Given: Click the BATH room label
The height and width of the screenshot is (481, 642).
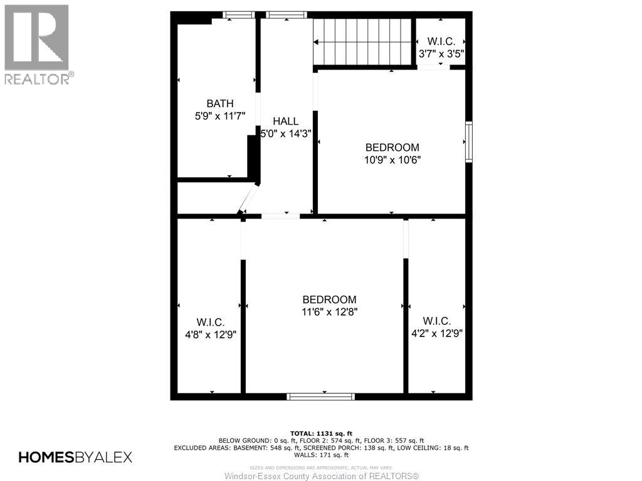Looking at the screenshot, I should [x=220, y=103].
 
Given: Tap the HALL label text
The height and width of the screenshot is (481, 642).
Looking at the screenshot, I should [x=286, y=121].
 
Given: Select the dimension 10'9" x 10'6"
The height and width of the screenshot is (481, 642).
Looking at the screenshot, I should [x=392, y=160].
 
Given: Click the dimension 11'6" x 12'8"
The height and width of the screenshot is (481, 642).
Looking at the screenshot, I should [x=329, y=311].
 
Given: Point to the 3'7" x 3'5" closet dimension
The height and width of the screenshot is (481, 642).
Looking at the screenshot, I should [x=441, y=54].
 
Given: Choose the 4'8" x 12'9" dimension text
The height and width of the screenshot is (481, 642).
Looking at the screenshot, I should [x=210, y=334].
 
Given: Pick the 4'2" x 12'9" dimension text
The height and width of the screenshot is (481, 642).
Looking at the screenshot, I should [x=436, y=333].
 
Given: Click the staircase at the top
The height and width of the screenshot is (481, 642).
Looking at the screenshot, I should [x=362, y=42].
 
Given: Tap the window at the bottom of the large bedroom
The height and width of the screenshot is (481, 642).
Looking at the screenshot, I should [x=320, y=396].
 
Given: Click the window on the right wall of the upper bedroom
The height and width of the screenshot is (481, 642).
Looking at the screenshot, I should [x=468, y=143].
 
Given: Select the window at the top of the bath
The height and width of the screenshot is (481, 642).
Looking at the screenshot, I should [x=239, y=15].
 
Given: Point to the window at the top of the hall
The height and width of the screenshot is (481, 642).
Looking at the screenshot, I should [x=286, y=15].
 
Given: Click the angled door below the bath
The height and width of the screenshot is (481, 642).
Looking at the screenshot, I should [x=248, y=199].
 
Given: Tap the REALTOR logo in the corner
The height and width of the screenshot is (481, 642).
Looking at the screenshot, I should [x=37, y=44].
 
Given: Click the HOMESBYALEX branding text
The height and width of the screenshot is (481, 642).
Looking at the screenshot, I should [x=75, y=457].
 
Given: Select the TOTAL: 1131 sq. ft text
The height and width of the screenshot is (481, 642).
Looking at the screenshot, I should [x=321, y=433].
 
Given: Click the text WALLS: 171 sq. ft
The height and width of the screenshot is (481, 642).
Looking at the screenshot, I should [x=321, y=455].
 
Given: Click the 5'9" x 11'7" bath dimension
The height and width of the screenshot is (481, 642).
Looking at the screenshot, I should [x=220, y=116].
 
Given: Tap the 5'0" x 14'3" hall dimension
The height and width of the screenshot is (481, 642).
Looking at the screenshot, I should [x=286, y=133].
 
